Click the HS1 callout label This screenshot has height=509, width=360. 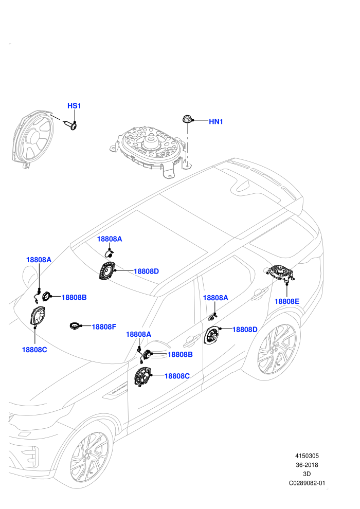click(x=74, y=106)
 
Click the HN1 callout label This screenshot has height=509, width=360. click(x=216, y=122)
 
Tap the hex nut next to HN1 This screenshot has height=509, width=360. click(x=187, y=119)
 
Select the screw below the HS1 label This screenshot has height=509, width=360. click(x=72, y=125)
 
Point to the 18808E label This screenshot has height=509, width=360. click(x=287, y=301)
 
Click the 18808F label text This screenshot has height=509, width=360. click(x=104, y=327)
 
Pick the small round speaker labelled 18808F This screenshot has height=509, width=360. click(x=75, y=325)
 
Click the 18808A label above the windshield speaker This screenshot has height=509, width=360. click(x=110, y=239)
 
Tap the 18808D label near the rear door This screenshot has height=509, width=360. click(x=245, y=330)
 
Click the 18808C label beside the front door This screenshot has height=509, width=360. click(x=177, y=376)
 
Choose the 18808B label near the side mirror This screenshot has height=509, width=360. click(x=180, y=354)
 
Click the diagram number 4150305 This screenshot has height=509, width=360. click(x=307, y=456)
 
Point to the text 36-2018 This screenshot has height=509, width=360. click(x=307, y=465)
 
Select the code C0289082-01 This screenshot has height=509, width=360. click(x=307, y=483)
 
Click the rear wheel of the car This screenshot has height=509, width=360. click(x=277, y=348)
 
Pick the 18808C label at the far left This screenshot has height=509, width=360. click(x=34, y=350)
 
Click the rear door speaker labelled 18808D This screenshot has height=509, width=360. click(x=212, y=335)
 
